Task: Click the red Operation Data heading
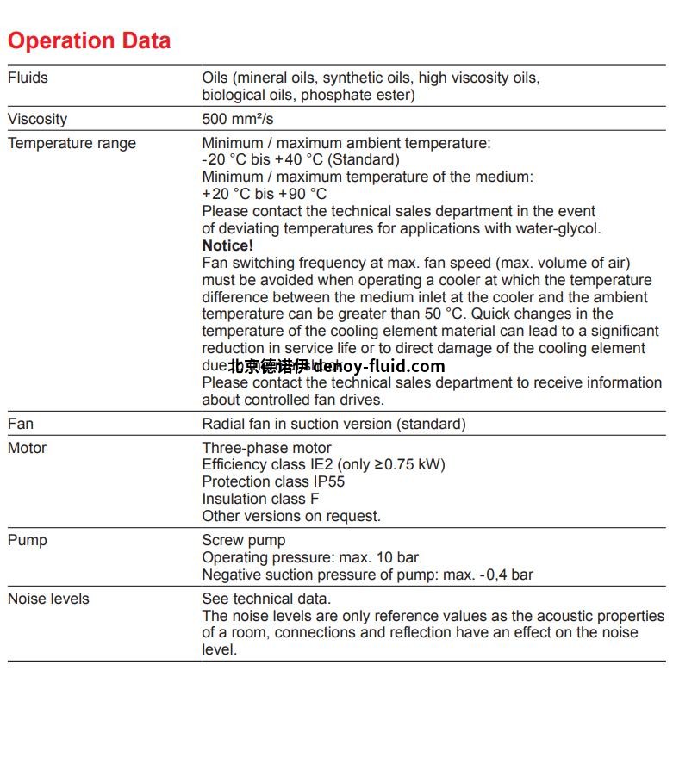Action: (x=89, y=40)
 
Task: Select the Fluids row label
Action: (x=28, y=78)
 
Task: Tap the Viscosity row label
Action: (x=37, y=119)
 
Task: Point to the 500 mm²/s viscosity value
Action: (x=238, y=119)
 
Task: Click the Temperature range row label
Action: (x=72, y=143)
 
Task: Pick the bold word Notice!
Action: (x=227, y=245)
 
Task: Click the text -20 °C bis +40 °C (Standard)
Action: (x=301, y=159)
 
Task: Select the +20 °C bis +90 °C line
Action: (x=265, y=194)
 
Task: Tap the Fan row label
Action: (x=21, y=424)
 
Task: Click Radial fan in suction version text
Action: (x=333, y=424)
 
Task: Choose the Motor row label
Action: (x=27, y=448)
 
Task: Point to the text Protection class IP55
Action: (x=273, y=481)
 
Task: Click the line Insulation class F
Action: (x=260, y=499)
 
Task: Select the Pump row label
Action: (x=27, y=540)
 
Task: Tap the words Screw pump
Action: (x=243, y=540)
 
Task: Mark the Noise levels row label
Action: (x=48, y=599)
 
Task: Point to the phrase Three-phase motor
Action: (x=266, y=448)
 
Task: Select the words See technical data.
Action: (x=266, y=599)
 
